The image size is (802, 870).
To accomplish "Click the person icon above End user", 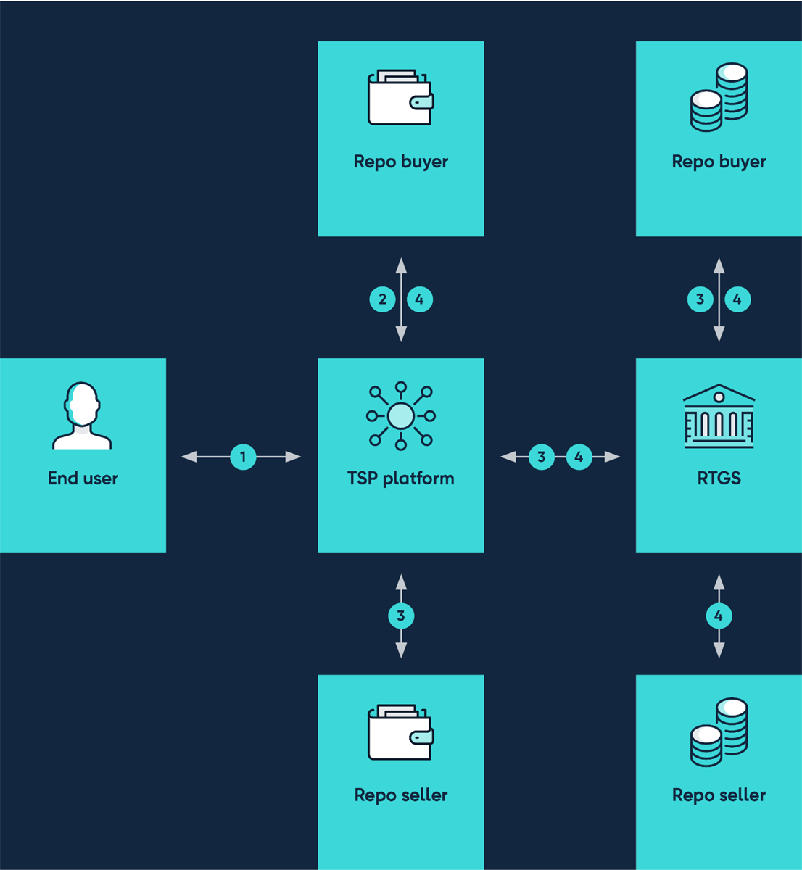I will coord(82,415).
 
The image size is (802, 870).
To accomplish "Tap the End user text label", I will coord(83,478).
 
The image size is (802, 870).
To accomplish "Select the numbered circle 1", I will coord(243,457).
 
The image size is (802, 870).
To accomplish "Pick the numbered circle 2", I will coord(382,299).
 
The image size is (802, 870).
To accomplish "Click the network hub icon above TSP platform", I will coord(400,415).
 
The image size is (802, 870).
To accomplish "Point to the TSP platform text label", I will coord(400,478).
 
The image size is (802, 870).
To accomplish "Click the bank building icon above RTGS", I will coord(719,415).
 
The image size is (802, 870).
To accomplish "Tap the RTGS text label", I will coord(719,478).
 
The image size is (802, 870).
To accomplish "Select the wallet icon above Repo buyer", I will coord(400,98).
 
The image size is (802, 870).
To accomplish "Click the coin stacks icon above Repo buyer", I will coord(719,98).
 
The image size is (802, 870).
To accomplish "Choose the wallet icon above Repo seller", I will coord(400,732).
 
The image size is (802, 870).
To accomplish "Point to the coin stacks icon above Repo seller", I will coord(719,732).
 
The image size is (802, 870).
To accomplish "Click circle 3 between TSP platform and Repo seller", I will coord(401,616).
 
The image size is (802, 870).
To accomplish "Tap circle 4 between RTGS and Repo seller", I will coord(719,616).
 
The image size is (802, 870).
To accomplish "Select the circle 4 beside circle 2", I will coord(420,299).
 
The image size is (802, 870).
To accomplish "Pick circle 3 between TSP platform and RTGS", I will coord(541,457).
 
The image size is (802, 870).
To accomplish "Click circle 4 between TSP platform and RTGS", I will coord(579,457).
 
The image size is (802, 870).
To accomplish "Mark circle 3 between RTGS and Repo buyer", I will coord(700,299).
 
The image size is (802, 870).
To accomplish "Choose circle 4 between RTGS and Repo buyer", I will coord(737,299).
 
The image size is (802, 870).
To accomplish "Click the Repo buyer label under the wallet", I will coord(400,162).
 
